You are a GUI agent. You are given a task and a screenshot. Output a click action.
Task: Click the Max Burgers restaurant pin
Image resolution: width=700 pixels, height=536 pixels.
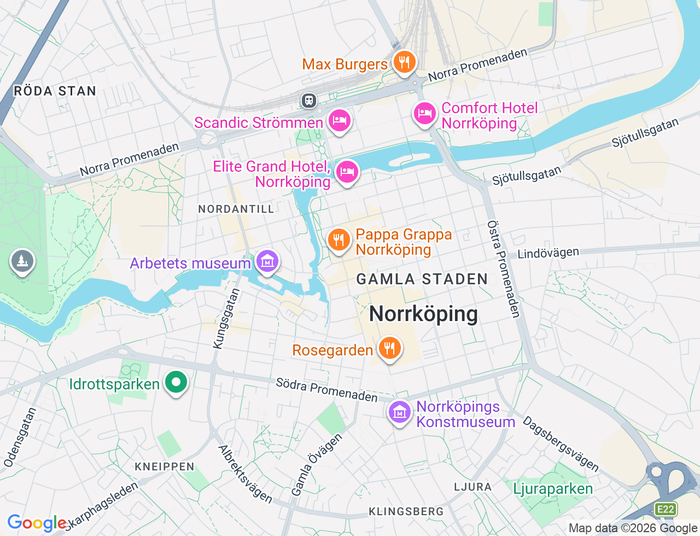tap(404, 62)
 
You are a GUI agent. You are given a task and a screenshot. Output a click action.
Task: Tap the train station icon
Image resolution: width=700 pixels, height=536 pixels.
tap(309, 100)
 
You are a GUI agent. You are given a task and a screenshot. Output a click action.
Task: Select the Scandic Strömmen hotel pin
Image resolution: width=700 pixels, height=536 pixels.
tap(339, 120)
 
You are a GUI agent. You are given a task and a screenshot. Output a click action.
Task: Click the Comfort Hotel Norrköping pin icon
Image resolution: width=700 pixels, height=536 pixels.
tap(424, 114)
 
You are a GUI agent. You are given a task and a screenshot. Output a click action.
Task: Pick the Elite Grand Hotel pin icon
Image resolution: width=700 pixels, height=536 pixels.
tap(347, 172)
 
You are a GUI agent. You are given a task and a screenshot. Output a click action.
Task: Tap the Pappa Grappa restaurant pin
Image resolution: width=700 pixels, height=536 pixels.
tap(339, 240)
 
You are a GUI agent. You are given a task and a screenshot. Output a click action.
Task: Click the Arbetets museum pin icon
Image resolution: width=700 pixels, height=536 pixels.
tap(267, 261)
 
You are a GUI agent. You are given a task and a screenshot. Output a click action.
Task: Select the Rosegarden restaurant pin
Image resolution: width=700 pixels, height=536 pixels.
tap(389, 348)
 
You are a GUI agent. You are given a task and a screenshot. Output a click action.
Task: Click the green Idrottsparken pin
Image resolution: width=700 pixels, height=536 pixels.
tap(176, 382)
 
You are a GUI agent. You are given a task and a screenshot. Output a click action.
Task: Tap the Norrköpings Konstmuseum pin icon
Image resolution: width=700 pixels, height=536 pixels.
tap(400, 412)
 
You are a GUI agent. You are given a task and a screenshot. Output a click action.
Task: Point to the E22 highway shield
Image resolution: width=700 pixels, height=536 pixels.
tap(666, 509)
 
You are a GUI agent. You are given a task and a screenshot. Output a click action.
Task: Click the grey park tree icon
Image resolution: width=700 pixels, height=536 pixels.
tap(22, 261)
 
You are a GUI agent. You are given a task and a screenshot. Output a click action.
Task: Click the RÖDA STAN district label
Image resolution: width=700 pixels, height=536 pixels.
tap(55, 91)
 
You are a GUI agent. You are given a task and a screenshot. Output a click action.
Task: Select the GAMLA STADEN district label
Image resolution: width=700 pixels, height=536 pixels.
tap(422, 279)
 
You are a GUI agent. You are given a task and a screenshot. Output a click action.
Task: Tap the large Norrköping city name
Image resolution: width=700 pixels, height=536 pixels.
tap(424, 314)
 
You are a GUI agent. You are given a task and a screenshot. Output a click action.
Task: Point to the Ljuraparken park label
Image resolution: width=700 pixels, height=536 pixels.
tap(553, 488)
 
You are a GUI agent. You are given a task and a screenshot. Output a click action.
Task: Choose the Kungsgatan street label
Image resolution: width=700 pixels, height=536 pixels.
tap(226, 319)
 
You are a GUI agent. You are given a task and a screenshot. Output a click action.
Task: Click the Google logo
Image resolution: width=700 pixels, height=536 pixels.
tap(37, 523)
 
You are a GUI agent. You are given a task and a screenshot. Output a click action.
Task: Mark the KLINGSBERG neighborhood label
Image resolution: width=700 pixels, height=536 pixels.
tap(406, 511)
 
